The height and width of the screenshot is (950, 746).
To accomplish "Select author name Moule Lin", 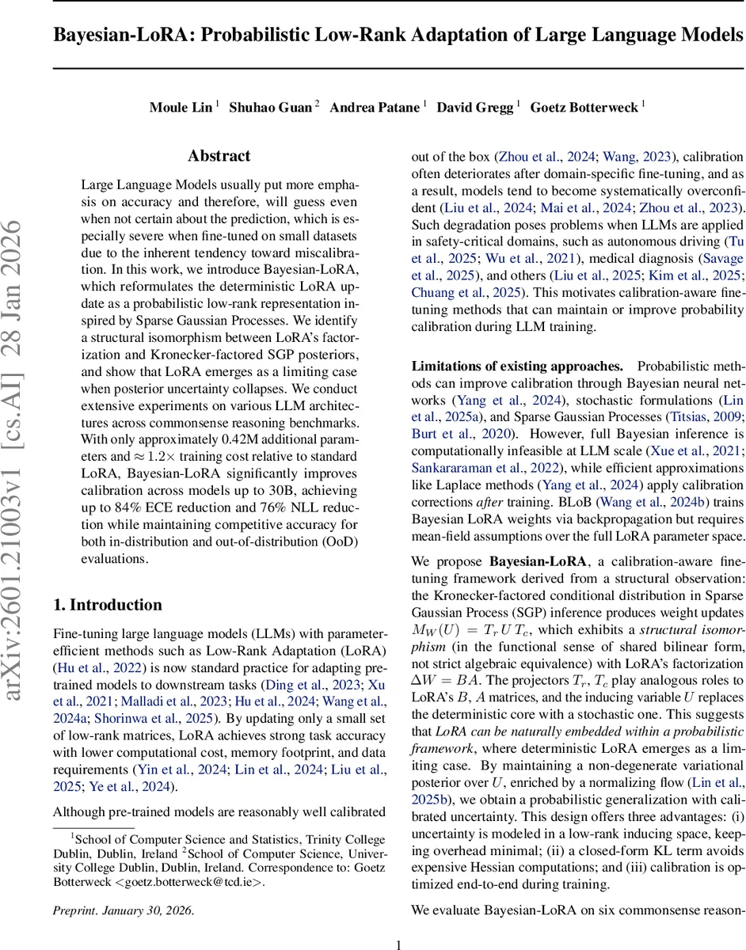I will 181,108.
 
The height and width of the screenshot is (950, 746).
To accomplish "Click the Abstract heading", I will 219,156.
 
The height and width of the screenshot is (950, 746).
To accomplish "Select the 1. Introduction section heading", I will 107,583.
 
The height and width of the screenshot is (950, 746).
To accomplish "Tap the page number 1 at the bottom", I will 399,944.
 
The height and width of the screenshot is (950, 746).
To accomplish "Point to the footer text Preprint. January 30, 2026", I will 123,910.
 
